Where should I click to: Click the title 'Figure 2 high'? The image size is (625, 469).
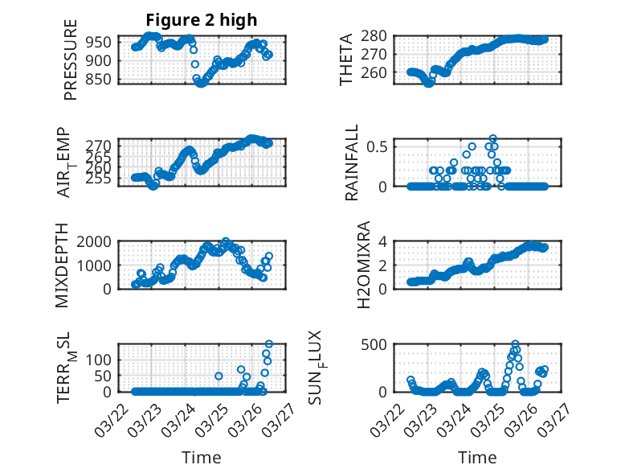pyautogui.click(x=201, y=20)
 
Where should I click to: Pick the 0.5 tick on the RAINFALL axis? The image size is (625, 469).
pyautogui.click(x=378, y=146)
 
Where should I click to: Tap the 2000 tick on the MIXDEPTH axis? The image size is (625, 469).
pyautogui.click(x=93, y=241)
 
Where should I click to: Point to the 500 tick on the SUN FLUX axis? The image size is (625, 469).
pyautogui.click(x=375, y=344)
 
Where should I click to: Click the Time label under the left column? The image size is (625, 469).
pyautogui.click(x=201, y=458)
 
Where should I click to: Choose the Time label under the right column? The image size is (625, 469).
pyautogui.click(x=477, y=458)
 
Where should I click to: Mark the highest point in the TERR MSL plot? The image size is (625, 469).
pyautogui.click(x=269, y=344)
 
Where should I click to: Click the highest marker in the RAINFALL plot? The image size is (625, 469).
pyautogui.click(x=492, y=138)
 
